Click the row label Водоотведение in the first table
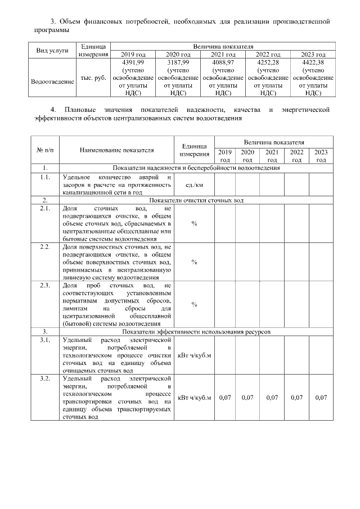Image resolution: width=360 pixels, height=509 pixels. [52, 82]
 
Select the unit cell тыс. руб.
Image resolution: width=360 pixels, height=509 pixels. [93, 78]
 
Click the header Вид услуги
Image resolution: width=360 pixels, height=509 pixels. [52, 50]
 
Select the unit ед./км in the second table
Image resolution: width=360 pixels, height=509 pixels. [194, 184]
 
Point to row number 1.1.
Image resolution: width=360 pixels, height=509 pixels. [44, 177]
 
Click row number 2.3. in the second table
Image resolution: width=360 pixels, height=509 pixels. [44, 286]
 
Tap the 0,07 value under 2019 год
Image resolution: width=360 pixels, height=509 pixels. [225, 398]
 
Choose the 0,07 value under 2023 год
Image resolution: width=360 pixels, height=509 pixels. [321, 398]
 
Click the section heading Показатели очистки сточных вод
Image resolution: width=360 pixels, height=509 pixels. [196, 200]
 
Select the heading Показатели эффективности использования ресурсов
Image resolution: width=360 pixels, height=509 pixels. [196, 332]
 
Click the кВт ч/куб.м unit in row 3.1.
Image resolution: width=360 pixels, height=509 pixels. [194, 355]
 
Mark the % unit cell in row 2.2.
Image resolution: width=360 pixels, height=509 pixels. [194, 262]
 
